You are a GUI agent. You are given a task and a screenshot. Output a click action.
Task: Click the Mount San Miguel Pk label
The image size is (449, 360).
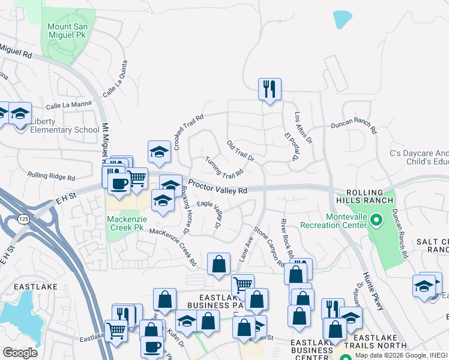[x=68, y=31]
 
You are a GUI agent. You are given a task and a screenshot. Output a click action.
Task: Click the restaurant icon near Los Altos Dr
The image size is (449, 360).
[x=270, y=89]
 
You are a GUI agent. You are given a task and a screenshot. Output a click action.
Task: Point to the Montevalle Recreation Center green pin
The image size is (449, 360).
[x=376, y=220]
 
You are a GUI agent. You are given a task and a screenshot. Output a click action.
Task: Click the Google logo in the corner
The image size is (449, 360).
[x=20, y=352]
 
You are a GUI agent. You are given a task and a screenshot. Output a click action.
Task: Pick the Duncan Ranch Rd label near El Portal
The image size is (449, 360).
[x=354, y=127]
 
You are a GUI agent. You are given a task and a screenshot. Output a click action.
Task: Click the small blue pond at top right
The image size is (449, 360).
[x=343, y=20]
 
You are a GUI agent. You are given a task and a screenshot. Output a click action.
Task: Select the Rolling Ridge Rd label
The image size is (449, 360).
[x=51, y=177]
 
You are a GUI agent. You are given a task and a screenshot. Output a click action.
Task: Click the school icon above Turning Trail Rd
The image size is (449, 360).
[x=159, y=151]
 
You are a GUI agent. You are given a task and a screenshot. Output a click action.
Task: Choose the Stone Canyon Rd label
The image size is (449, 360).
[x=268, y=246]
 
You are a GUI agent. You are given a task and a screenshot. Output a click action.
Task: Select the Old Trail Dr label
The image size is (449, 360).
[x=241, y=151]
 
